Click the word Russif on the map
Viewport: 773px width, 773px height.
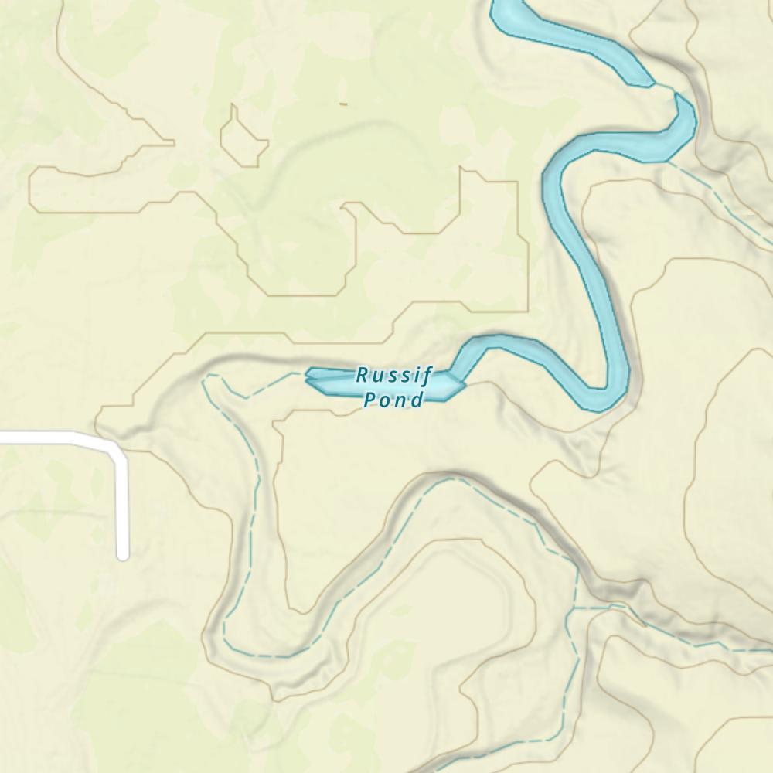coord(393,376)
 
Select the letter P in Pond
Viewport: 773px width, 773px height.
coord(369,400)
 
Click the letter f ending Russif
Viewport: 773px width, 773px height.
coord(427,377)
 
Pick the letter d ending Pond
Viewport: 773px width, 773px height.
coord(418,400)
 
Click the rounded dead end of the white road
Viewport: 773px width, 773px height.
coord(122,554)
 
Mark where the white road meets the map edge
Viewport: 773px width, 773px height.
coord(2,439)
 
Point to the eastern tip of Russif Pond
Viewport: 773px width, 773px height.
coord(465,382)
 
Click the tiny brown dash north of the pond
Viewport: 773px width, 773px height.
coord(343,104)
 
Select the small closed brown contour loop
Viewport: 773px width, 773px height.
coord(243,135)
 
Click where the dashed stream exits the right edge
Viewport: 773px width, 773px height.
coord(770,650)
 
